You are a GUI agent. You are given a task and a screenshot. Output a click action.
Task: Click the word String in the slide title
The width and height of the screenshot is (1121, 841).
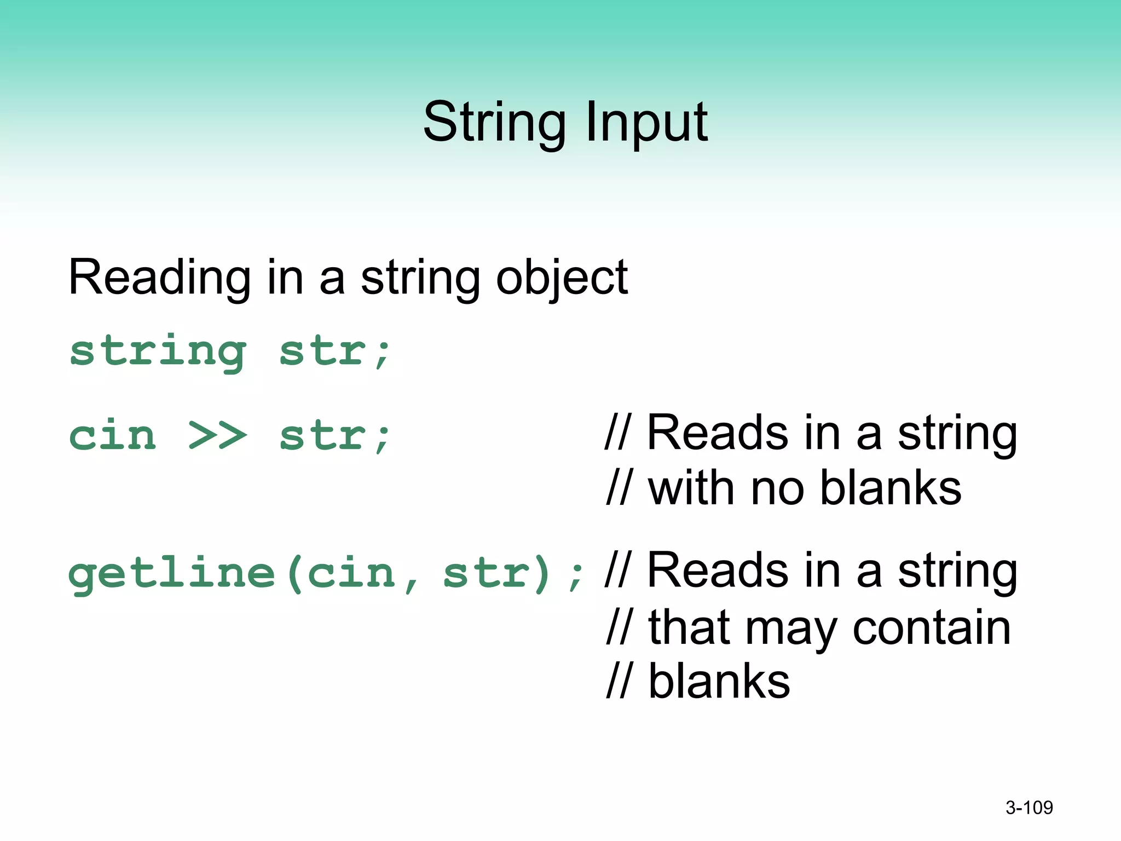coord(494,123)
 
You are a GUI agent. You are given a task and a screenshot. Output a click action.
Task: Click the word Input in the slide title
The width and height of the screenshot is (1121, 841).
coord(646,123)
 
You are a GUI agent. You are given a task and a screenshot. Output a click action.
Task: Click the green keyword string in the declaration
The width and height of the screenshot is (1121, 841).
coord(158,352)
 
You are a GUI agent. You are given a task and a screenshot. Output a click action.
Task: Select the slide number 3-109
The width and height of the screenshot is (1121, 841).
coord(1029,808)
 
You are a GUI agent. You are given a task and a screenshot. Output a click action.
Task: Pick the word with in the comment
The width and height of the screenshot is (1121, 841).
coord(691,488)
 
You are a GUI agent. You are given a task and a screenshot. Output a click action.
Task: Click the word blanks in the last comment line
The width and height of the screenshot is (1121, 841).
coord(719,681)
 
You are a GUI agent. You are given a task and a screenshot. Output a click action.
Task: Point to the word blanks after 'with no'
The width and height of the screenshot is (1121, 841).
coord(891,488)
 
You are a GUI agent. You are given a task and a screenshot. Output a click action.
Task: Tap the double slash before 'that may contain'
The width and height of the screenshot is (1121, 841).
coord(619,627)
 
